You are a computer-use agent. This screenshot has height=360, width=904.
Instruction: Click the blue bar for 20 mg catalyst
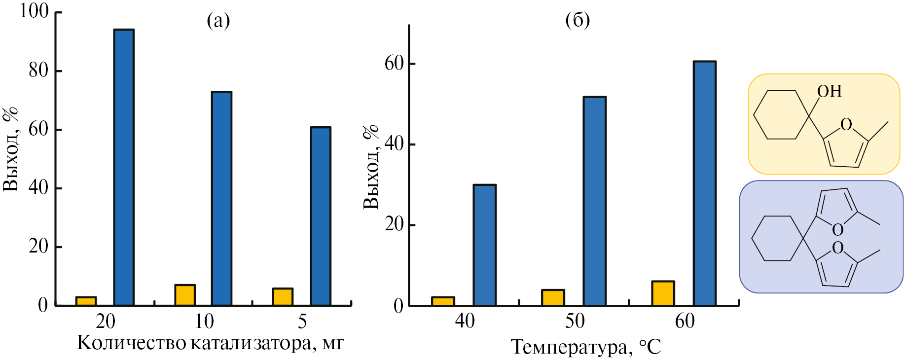click(124, 168)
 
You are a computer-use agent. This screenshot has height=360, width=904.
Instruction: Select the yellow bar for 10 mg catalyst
click(185, 295)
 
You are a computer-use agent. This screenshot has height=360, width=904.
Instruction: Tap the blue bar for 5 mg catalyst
click(321, 216)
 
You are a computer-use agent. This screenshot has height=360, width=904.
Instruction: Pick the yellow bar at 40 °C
click(443, 301)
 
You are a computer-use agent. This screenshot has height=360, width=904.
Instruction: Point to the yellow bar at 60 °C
click(663, 293)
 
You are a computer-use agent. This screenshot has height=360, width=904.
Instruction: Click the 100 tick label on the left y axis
click(34, 11)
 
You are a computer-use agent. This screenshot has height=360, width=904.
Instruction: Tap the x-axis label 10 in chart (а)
click(204, 322)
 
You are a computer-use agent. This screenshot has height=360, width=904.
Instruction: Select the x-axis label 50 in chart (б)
click(575, 322)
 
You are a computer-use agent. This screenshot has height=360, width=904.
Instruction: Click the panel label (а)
click(218, 21)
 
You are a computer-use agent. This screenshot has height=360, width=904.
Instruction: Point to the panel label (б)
click(577, 21)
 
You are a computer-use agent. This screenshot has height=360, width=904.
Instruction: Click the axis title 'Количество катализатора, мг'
click(211, 343)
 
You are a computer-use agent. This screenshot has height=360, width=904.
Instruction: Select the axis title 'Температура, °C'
click(585, 347)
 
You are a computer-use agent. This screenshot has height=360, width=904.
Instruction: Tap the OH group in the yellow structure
click(829, 91)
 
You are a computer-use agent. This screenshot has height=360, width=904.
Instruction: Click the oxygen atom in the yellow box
click(846, 125)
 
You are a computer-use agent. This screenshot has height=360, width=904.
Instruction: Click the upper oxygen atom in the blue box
click(837, 230)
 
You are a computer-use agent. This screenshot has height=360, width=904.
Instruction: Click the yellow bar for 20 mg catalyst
click(86, 301)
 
